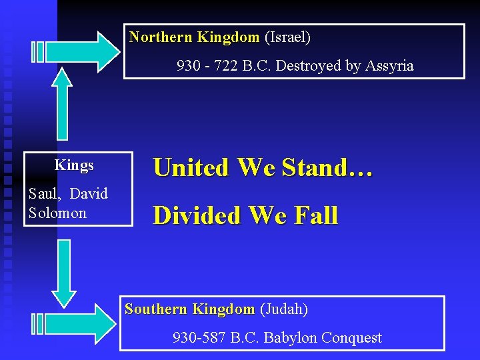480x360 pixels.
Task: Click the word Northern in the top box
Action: (x=161, y=37)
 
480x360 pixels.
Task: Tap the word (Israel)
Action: (x=287, y=37)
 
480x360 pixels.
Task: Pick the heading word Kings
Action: (x=74, y=165)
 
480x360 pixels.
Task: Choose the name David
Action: (x=88, y=194)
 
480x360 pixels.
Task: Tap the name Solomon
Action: (x=57, y=213)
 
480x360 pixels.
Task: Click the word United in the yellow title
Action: (x=190, y=167)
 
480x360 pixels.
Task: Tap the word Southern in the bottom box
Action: (x=156, y=309)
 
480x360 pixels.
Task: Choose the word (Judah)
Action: (x=283, y=309)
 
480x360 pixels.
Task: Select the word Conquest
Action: (x=351, y=338)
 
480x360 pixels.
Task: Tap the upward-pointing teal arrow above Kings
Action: (x=62, y=103)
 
